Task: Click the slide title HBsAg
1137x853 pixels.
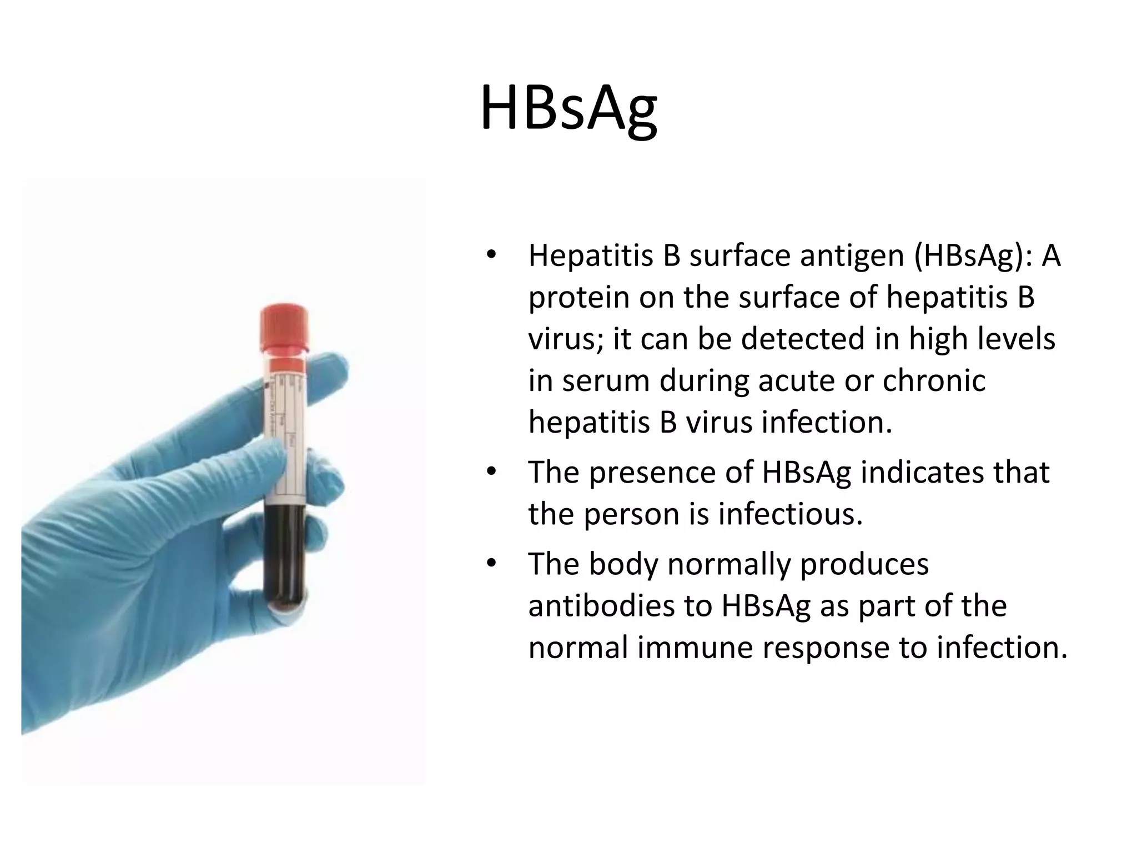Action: coord(568,108)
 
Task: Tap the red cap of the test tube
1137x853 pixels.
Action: coord(284,328)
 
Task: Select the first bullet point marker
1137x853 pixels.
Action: coord(490,256)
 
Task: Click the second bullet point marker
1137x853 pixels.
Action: coord(490,473)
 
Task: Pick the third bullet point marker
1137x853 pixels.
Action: coord(490,564)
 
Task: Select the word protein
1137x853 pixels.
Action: coord(577,298)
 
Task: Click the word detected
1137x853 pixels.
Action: coord(803,339)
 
